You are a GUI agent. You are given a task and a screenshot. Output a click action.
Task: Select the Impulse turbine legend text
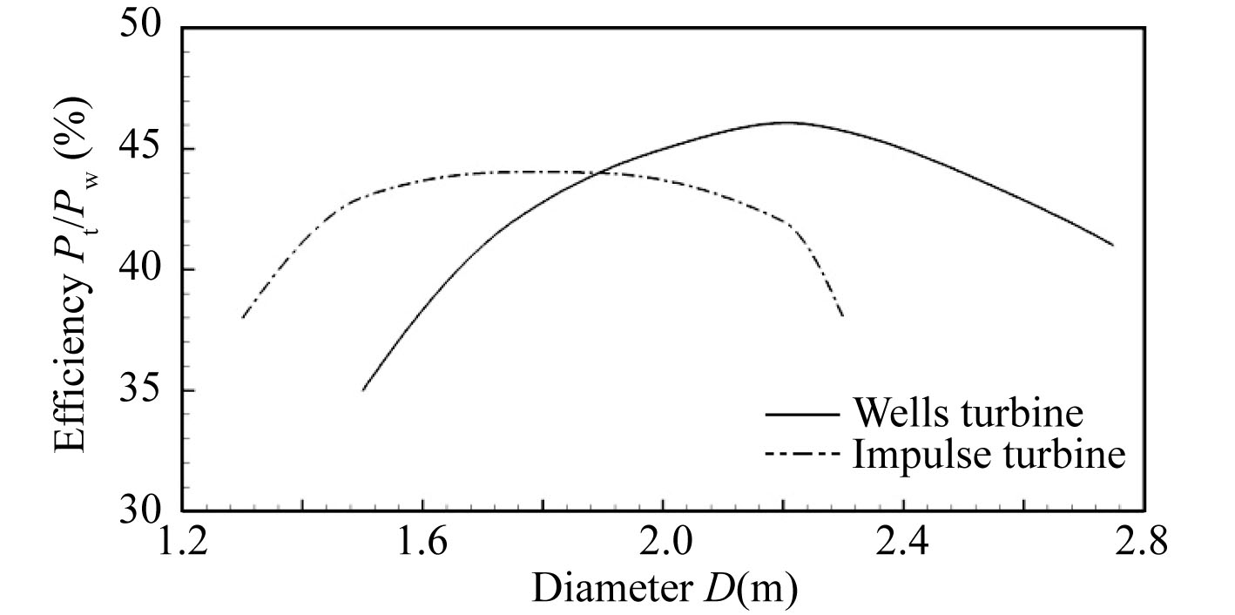988,454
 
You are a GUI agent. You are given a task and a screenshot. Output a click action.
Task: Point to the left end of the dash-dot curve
242,317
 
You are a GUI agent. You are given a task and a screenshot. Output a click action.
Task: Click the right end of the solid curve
1113,245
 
